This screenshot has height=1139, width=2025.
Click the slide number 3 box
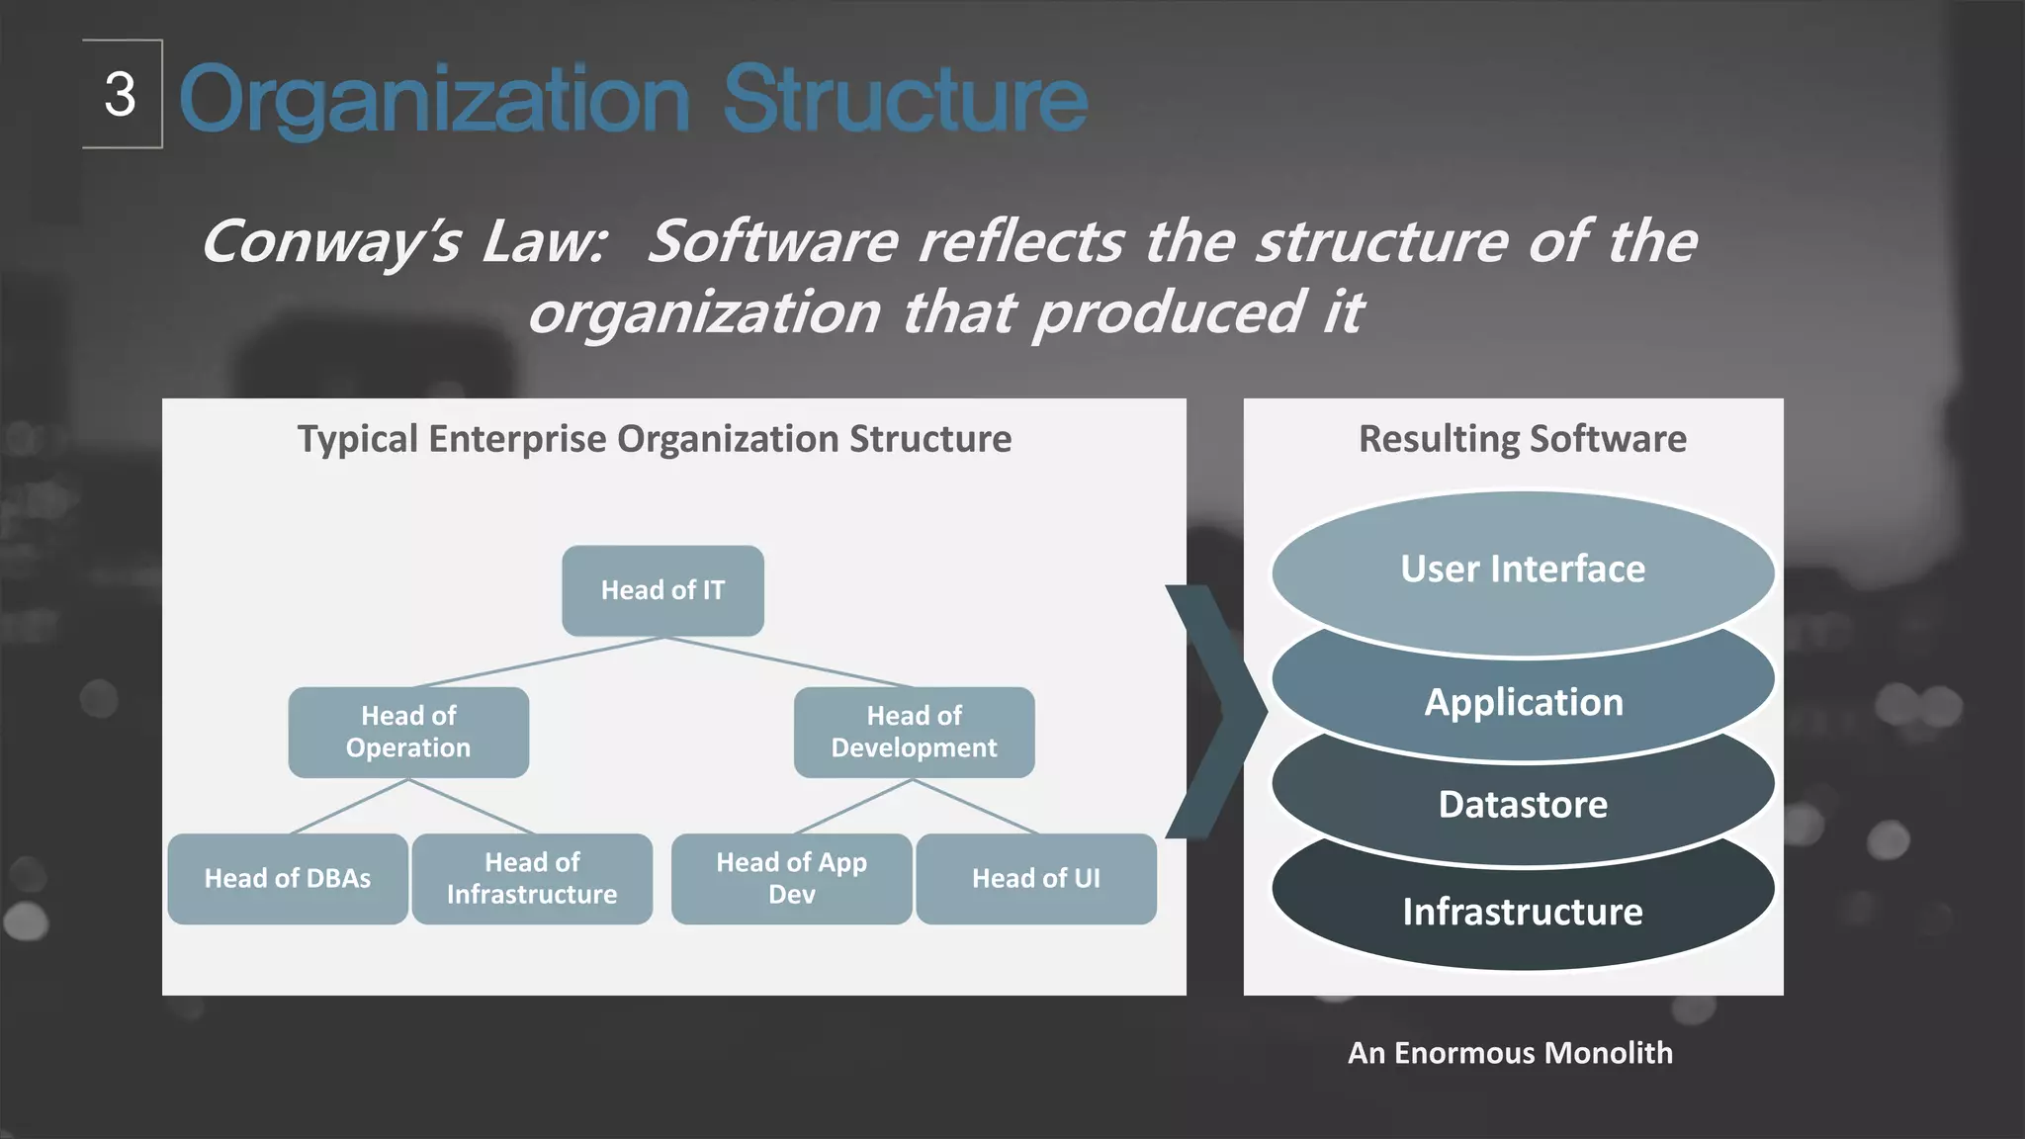pos(122,95)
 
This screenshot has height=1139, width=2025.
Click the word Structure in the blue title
pos(905,99)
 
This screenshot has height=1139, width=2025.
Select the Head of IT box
pos(662,590)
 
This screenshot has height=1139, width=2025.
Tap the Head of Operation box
pos(408,732)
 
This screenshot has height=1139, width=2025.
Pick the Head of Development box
pos(914,732)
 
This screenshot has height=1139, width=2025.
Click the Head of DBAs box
pos(288,878)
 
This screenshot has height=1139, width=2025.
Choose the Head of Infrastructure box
pos(532,878)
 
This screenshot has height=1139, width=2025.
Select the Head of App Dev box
pos(791,878)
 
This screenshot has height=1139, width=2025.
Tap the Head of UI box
pos(1035,878)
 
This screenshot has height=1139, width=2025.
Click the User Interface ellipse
pos(1523,569)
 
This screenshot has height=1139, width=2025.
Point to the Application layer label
pos(1523,702)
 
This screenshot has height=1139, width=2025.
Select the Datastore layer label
pos(1523,805)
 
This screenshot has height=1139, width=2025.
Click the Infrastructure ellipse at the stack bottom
pos(1523,912)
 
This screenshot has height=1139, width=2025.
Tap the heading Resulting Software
pos(1523,439)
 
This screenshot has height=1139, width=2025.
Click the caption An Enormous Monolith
pos(1510,1053)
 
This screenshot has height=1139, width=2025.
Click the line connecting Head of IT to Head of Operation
pos(539,661)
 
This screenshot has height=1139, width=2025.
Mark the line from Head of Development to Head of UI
pos(976,807)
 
